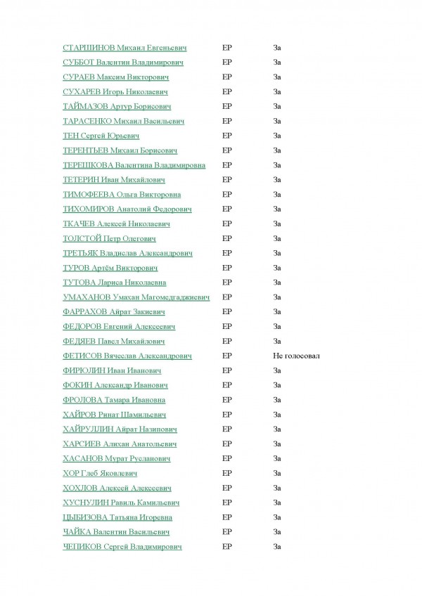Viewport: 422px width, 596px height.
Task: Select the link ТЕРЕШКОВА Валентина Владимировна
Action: tap(134, 165)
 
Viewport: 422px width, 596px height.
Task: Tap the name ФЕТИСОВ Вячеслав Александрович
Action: tap(127, 356)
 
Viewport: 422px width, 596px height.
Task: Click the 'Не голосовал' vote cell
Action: tap(296, 356)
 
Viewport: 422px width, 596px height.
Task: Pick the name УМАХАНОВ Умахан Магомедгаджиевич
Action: tap(136, 297)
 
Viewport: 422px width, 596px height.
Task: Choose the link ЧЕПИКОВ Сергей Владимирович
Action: tap(122, 546)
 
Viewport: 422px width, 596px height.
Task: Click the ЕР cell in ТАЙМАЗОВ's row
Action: tap(226, 107)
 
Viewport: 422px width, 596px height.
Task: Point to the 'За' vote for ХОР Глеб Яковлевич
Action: tap(277, 473)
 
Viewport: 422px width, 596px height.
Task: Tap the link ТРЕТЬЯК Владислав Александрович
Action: tap(127, 253)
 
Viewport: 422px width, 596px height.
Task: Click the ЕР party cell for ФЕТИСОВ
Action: tap(226, 356)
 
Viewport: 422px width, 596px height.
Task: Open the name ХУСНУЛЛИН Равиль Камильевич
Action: tap(121, 503)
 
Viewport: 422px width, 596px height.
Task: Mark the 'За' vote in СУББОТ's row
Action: tap(277, 63)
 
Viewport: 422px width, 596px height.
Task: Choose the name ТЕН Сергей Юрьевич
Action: tap(101, 136)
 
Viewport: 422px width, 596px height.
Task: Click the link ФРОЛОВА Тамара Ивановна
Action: tap(114, 400)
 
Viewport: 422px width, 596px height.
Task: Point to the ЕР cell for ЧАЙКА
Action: tap(226, 532)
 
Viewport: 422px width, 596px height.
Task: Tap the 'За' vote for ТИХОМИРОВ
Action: tap(277, 209)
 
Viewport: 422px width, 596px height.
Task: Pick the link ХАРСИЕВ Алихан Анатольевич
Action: tap(120, 443)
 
